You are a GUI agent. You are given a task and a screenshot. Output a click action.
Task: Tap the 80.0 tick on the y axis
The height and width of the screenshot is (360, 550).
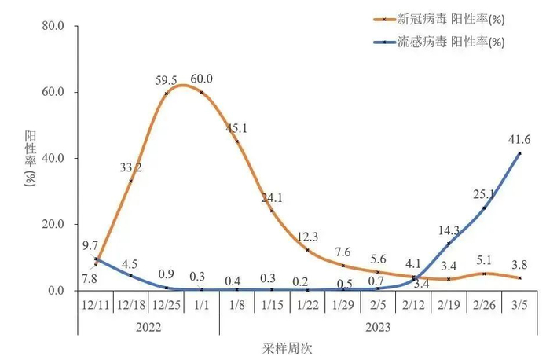63,26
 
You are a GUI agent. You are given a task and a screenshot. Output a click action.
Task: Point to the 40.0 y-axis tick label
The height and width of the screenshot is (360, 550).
63,158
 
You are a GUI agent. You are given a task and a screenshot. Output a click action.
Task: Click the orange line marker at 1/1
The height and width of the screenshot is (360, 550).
202,92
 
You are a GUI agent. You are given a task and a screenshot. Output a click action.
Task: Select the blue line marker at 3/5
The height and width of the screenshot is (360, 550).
519,152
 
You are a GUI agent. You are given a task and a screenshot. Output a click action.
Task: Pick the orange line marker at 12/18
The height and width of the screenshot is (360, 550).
130,181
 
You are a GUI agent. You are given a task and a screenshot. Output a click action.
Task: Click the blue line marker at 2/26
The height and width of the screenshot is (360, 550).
484,208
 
